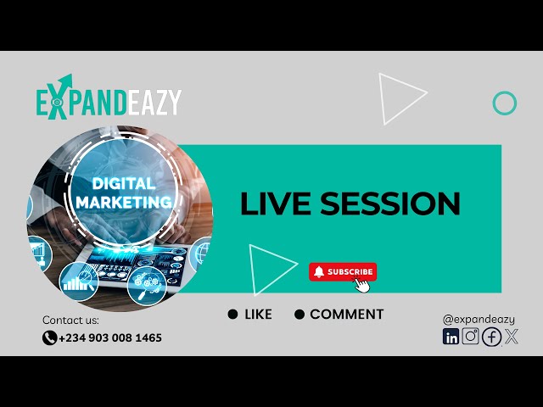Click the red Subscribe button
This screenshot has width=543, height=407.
coord(342,271)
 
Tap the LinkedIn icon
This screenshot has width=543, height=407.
coord(451,337)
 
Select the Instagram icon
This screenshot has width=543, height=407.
coord(471,337)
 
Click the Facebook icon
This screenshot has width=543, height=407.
coord(491,337)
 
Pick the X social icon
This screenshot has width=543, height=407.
coord(511,337)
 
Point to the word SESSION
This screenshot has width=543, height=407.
coord(390,203)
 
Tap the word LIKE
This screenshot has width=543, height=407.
coord(258,314)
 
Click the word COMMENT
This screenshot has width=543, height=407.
coord(346,314)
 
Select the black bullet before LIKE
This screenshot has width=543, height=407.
coord(232,315)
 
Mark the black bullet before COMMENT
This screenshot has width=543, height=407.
coord(299,315)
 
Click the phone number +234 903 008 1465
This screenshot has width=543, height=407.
coord(110,337)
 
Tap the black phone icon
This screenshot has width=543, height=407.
coord(49,337)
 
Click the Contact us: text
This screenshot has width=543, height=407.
coord(70,321)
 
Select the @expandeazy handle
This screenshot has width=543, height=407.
coord(479,319)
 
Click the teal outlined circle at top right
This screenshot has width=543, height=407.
coord(505,103)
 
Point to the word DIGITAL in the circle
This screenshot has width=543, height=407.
coord(123,183)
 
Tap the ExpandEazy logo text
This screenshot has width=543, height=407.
coord(109,103)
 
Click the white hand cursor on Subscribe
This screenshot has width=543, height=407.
coord(362,284)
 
